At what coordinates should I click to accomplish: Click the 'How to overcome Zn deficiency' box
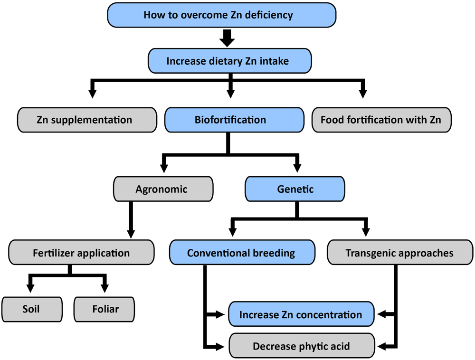pos(222,15)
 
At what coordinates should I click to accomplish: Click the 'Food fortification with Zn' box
pos(381,120)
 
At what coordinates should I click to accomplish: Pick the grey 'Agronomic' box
pos(161,189)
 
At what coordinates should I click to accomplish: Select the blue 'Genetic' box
pos(295,189)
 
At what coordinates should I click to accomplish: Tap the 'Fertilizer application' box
pos(81,253)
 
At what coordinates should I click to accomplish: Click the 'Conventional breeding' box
pos(242,253)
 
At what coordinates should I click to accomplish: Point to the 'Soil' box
pos(32,309)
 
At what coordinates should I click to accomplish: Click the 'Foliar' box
pos(105,309)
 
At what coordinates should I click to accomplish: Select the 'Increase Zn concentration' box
pos(301,314)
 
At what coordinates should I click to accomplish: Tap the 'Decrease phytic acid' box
pos(301,346)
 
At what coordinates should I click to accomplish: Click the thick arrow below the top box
pos(228,38)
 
